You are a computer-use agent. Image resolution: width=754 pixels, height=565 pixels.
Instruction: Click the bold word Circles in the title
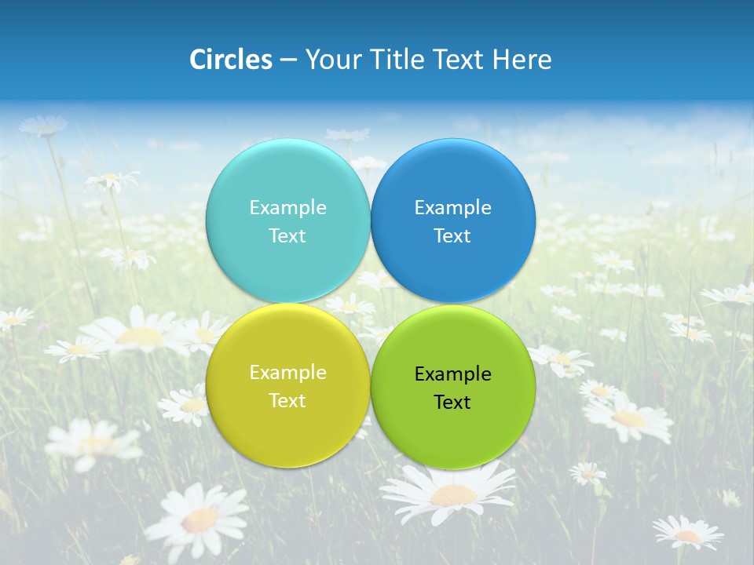230,60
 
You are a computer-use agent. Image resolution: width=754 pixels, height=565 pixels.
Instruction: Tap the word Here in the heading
522,60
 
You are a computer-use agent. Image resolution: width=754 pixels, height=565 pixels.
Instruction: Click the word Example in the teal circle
287,207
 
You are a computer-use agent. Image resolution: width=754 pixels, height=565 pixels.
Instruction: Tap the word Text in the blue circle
452,235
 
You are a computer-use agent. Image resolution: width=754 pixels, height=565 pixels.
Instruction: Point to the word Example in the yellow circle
287,372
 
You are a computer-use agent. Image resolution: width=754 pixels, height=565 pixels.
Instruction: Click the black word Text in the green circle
452,402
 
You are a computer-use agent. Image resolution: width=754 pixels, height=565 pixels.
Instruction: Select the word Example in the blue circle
452,207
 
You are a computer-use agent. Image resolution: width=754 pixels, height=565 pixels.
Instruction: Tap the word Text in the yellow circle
287,400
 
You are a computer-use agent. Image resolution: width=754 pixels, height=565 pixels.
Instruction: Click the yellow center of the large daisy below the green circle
452,494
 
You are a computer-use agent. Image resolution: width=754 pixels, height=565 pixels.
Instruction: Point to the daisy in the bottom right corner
688,533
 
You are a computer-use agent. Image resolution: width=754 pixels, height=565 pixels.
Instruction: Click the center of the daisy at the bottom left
199,519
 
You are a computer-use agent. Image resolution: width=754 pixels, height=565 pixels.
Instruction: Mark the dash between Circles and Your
287,60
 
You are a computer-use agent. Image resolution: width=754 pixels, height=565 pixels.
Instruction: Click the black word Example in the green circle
452,374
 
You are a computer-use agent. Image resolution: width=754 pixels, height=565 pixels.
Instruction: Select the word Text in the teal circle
287,235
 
